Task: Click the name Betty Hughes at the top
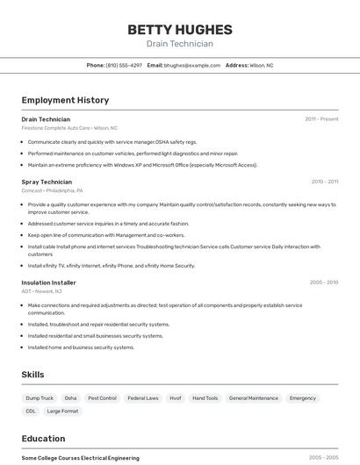point(180,29)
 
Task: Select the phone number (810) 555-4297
point(124,65)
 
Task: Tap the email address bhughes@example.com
point(192,65)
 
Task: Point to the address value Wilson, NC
point(262,65)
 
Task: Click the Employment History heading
point(65,100)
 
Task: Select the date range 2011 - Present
point(321,119)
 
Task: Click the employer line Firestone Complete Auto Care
point(69,128)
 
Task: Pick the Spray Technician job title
point(47,182)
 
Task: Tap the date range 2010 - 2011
point(324,182)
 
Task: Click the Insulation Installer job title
point(49,283)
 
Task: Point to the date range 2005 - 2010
point(323,283)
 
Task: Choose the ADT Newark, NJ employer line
point(42,291)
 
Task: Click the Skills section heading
point(32,375)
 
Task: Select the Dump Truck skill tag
point(40,398)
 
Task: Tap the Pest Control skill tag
point(102,398)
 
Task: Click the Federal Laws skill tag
point(143,398)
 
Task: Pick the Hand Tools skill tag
point(205,398)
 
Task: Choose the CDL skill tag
point(31,411)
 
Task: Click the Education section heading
point(43,439)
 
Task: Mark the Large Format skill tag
point(62,411)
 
